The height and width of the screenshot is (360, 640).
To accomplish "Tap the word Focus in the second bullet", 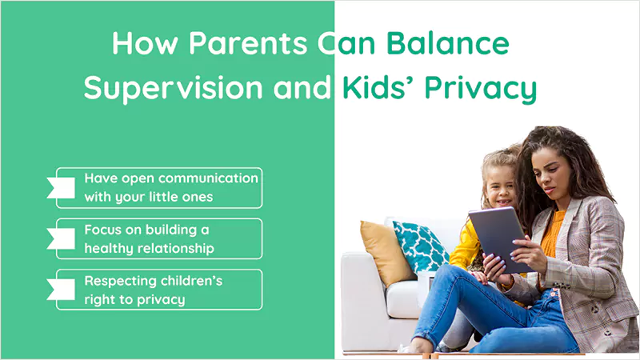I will pos(102,230).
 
